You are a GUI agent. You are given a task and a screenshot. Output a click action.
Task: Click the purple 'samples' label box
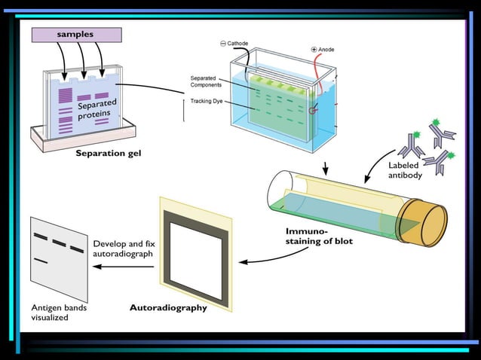[x=76, y=35]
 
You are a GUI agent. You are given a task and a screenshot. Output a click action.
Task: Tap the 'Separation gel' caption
[x=108, y=154]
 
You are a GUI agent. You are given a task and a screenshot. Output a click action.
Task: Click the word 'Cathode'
[x=237, y=43]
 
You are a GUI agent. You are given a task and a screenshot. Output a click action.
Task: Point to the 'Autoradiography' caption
[x=168, y=307]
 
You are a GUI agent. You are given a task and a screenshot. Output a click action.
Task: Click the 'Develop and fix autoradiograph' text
[x=123, y=249]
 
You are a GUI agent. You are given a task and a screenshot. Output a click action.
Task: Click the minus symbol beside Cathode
[x=222, y=43]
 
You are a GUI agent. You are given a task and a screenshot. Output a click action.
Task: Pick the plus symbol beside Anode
[x=314, y=49]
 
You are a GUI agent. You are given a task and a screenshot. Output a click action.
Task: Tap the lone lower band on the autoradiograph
[x=41, y=261]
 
